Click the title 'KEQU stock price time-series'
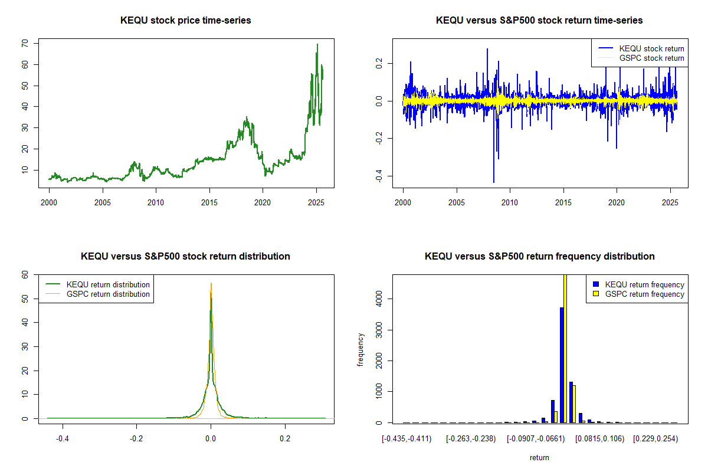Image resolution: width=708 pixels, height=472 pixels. (185, 21)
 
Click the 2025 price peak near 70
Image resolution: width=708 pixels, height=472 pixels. (317, 45)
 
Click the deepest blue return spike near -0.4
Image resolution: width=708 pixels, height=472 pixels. (494, 181)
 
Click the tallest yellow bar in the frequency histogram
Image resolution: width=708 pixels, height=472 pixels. (565, 348)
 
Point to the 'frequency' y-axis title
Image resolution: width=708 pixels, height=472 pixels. (360, 349)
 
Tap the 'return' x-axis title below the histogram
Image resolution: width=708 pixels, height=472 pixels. (539, 457)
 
